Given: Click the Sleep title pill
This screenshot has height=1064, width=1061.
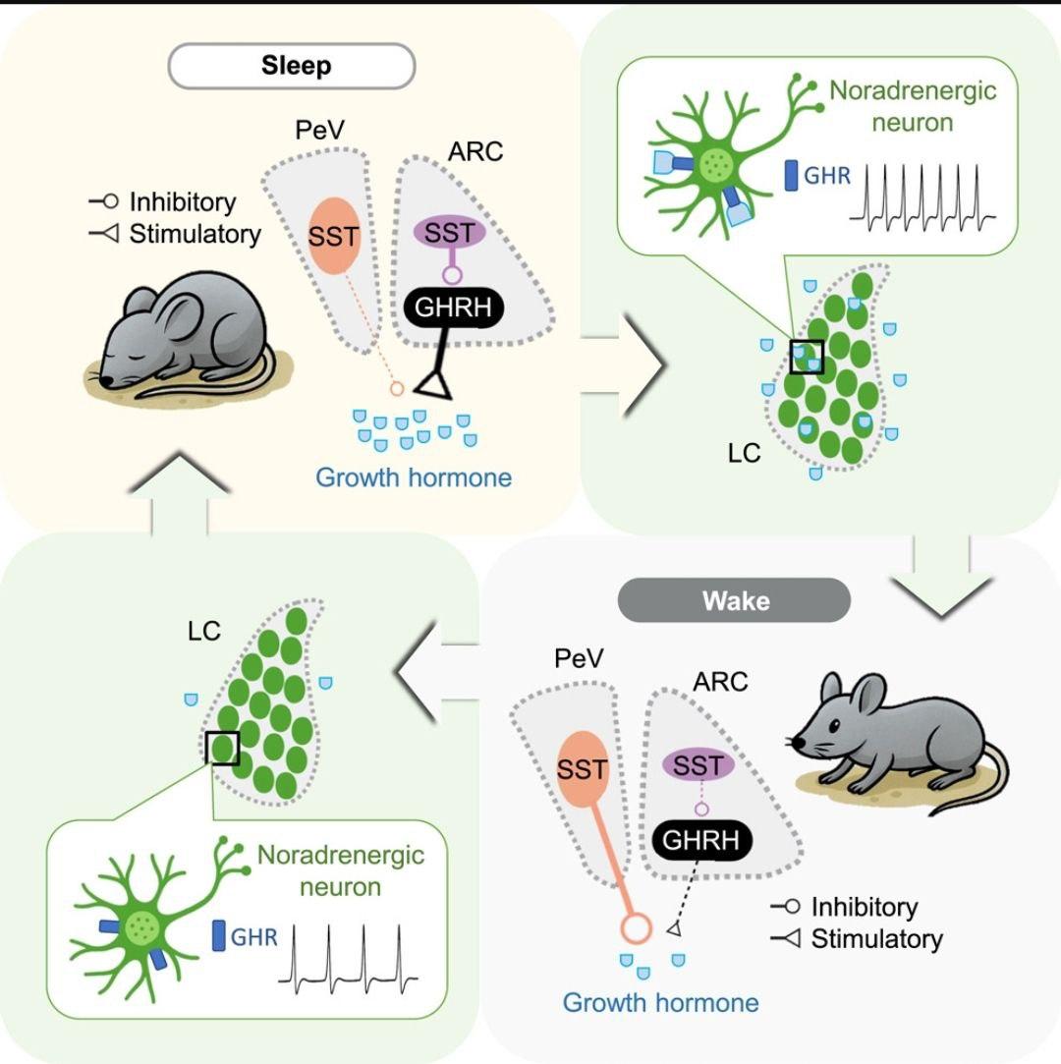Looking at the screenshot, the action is [x=292, y=66].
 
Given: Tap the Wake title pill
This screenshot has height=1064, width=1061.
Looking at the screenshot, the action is [x=734, y=600].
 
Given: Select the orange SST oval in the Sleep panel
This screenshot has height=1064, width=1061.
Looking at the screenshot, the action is [x=334, y=236].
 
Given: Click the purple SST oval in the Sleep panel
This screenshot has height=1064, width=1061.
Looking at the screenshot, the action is [x=449, y=233].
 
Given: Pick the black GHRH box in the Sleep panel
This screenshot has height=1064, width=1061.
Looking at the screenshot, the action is [x=453, y=308].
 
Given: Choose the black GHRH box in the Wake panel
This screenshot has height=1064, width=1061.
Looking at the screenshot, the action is [x=701, y=840].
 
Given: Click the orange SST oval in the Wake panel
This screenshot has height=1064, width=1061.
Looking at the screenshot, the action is [x=582, y=769].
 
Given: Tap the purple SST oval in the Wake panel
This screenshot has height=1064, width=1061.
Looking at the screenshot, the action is [x=698, y=765].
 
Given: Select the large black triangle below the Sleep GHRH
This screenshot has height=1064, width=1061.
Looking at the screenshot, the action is [x=434, y=385].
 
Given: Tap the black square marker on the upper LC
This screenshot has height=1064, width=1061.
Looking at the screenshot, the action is [x=808, y=357].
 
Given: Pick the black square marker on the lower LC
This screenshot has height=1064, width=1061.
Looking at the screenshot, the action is [x=222, y=749].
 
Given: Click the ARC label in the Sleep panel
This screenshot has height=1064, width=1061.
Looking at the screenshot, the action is [x=475, y=151].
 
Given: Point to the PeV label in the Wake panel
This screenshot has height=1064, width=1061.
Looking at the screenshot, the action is [x=579, y=657].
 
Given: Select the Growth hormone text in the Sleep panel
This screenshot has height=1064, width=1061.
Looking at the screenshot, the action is [x=414, y=477].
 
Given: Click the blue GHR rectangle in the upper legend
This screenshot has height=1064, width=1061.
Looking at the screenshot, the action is [x=791, y=175].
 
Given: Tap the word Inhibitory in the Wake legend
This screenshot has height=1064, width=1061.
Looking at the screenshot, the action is [x=865, y=907].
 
